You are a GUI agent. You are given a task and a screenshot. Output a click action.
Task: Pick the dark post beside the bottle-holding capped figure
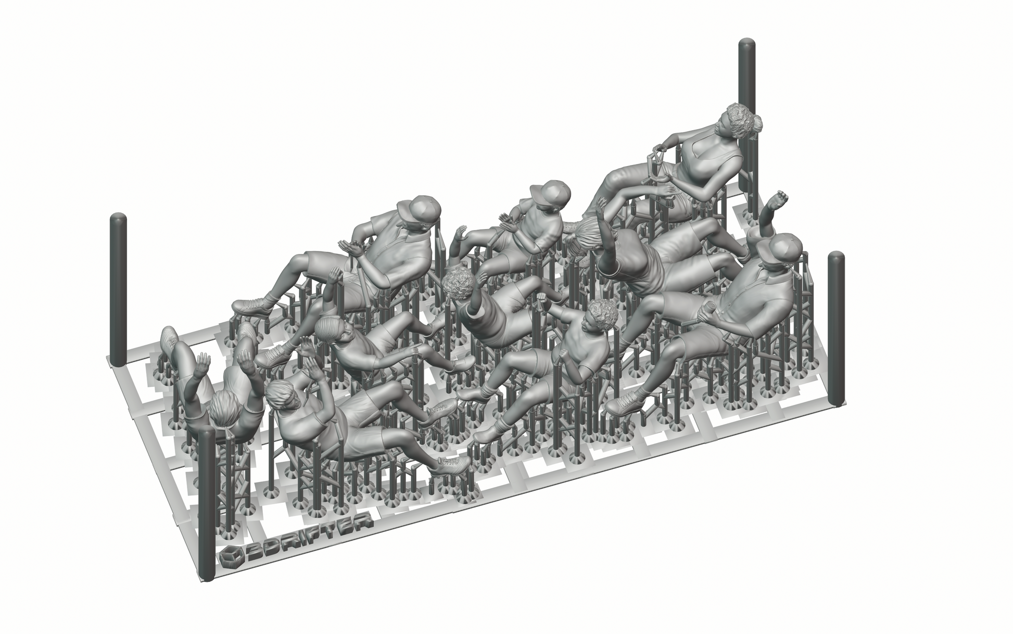tap(836, 328)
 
